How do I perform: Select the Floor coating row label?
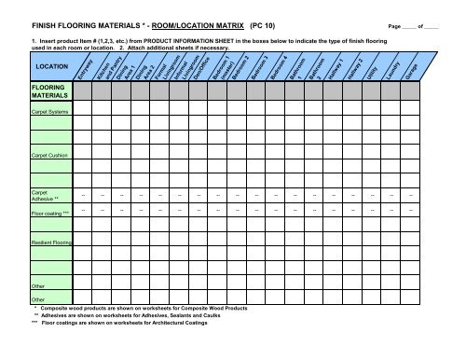(x=48, y=214)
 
